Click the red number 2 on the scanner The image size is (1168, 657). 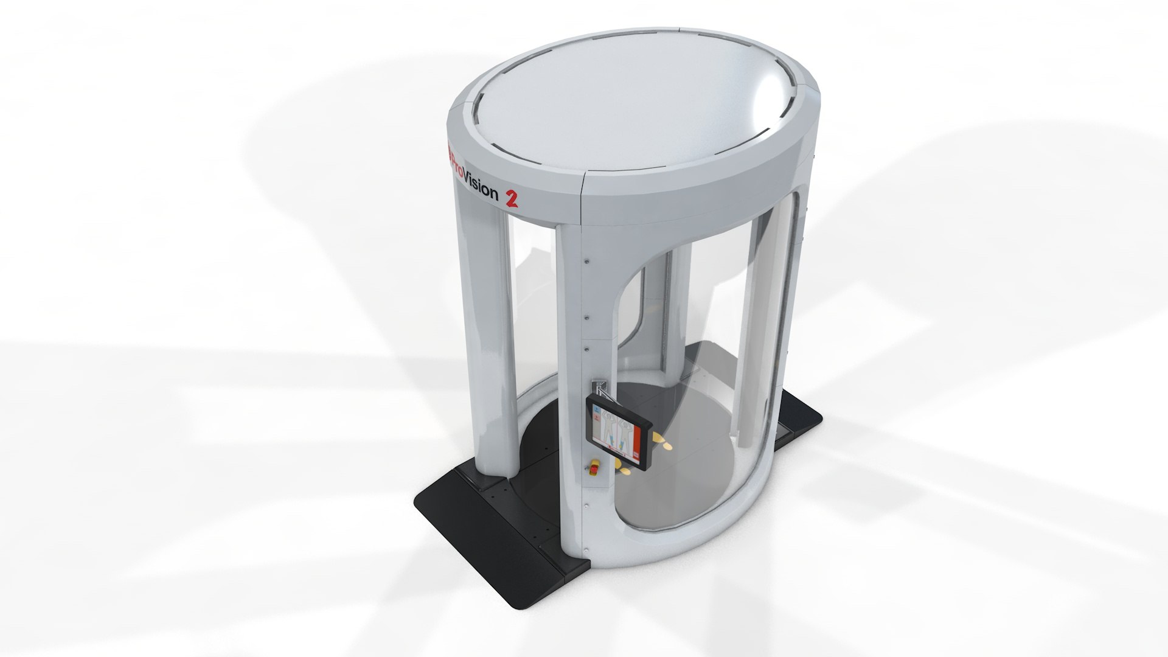(x=510, y=198)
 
